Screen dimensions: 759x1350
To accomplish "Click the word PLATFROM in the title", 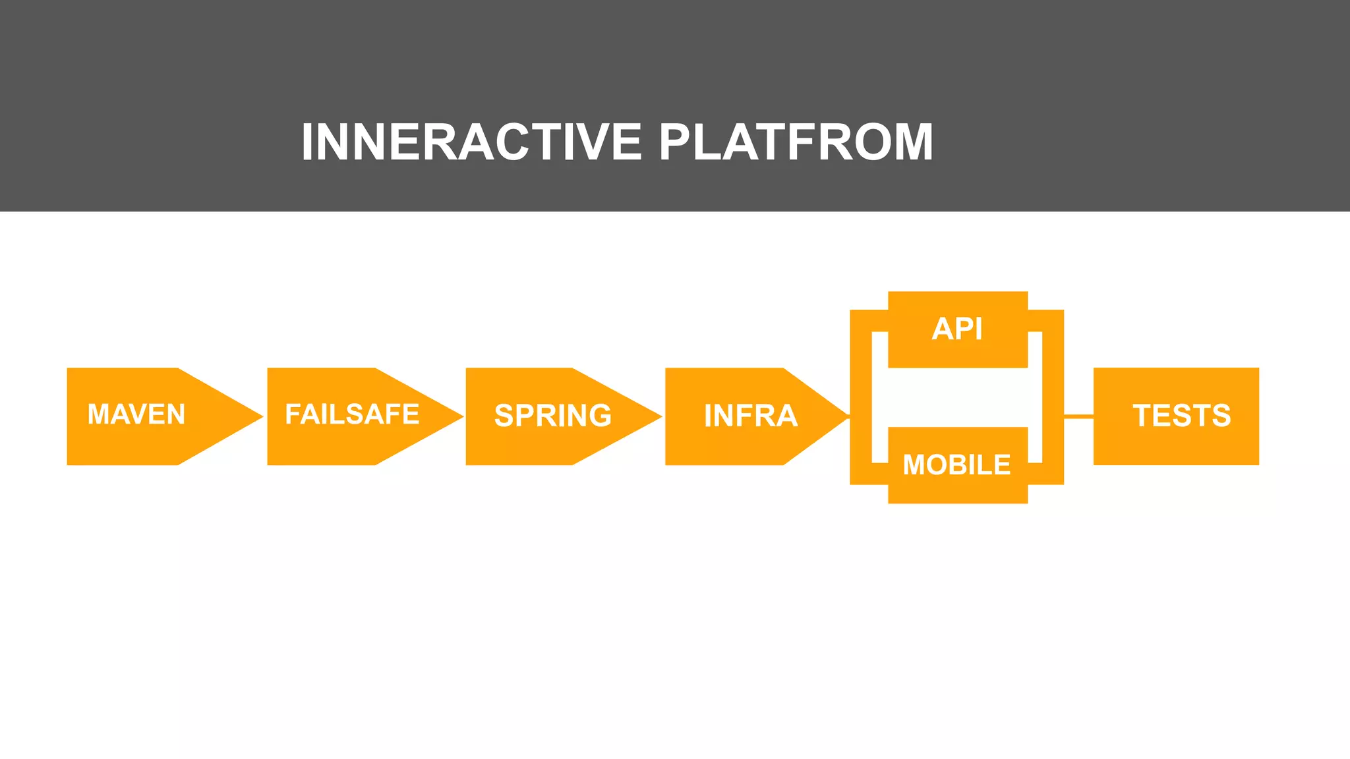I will point(796,142).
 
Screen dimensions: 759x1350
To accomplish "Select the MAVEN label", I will point(136,414).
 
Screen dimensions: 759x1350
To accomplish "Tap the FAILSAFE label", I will point(352,414).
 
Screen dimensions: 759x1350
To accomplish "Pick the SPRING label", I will point(553,416).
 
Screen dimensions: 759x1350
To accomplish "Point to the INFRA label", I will point(751,416).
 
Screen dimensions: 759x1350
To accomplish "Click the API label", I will point(957,329).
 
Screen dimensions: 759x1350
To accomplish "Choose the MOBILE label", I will point(956,465).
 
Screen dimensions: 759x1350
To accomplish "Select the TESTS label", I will point(1182,416).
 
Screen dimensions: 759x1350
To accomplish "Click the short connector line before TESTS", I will point(1078,416).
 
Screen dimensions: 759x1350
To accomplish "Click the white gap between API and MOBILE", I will point(957,397).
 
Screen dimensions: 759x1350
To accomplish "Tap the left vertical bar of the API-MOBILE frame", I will point(861,397).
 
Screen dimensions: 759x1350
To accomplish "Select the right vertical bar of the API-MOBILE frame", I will point(1053,397).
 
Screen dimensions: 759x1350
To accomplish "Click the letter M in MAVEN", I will point(99,414).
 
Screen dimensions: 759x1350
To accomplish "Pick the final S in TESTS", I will point(1221,416).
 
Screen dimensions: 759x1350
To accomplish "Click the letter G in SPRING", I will point(601,416).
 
